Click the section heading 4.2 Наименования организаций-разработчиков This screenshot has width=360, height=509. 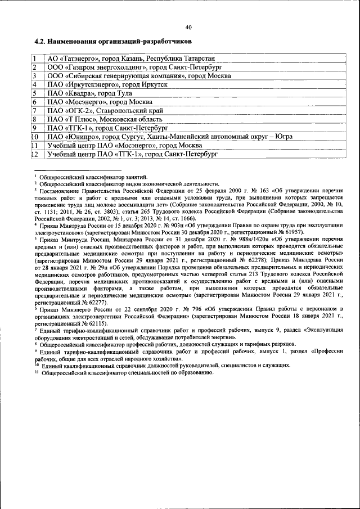pos(112,42)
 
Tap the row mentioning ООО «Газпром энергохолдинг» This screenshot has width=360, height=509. pos(135,66)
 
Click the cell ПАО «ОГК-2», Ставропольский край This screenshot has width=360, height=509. pos(112,110)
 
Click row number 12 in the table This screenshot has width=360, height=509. pos(35,154)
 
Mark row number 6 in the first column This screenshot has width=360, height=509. pos(35,102)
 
